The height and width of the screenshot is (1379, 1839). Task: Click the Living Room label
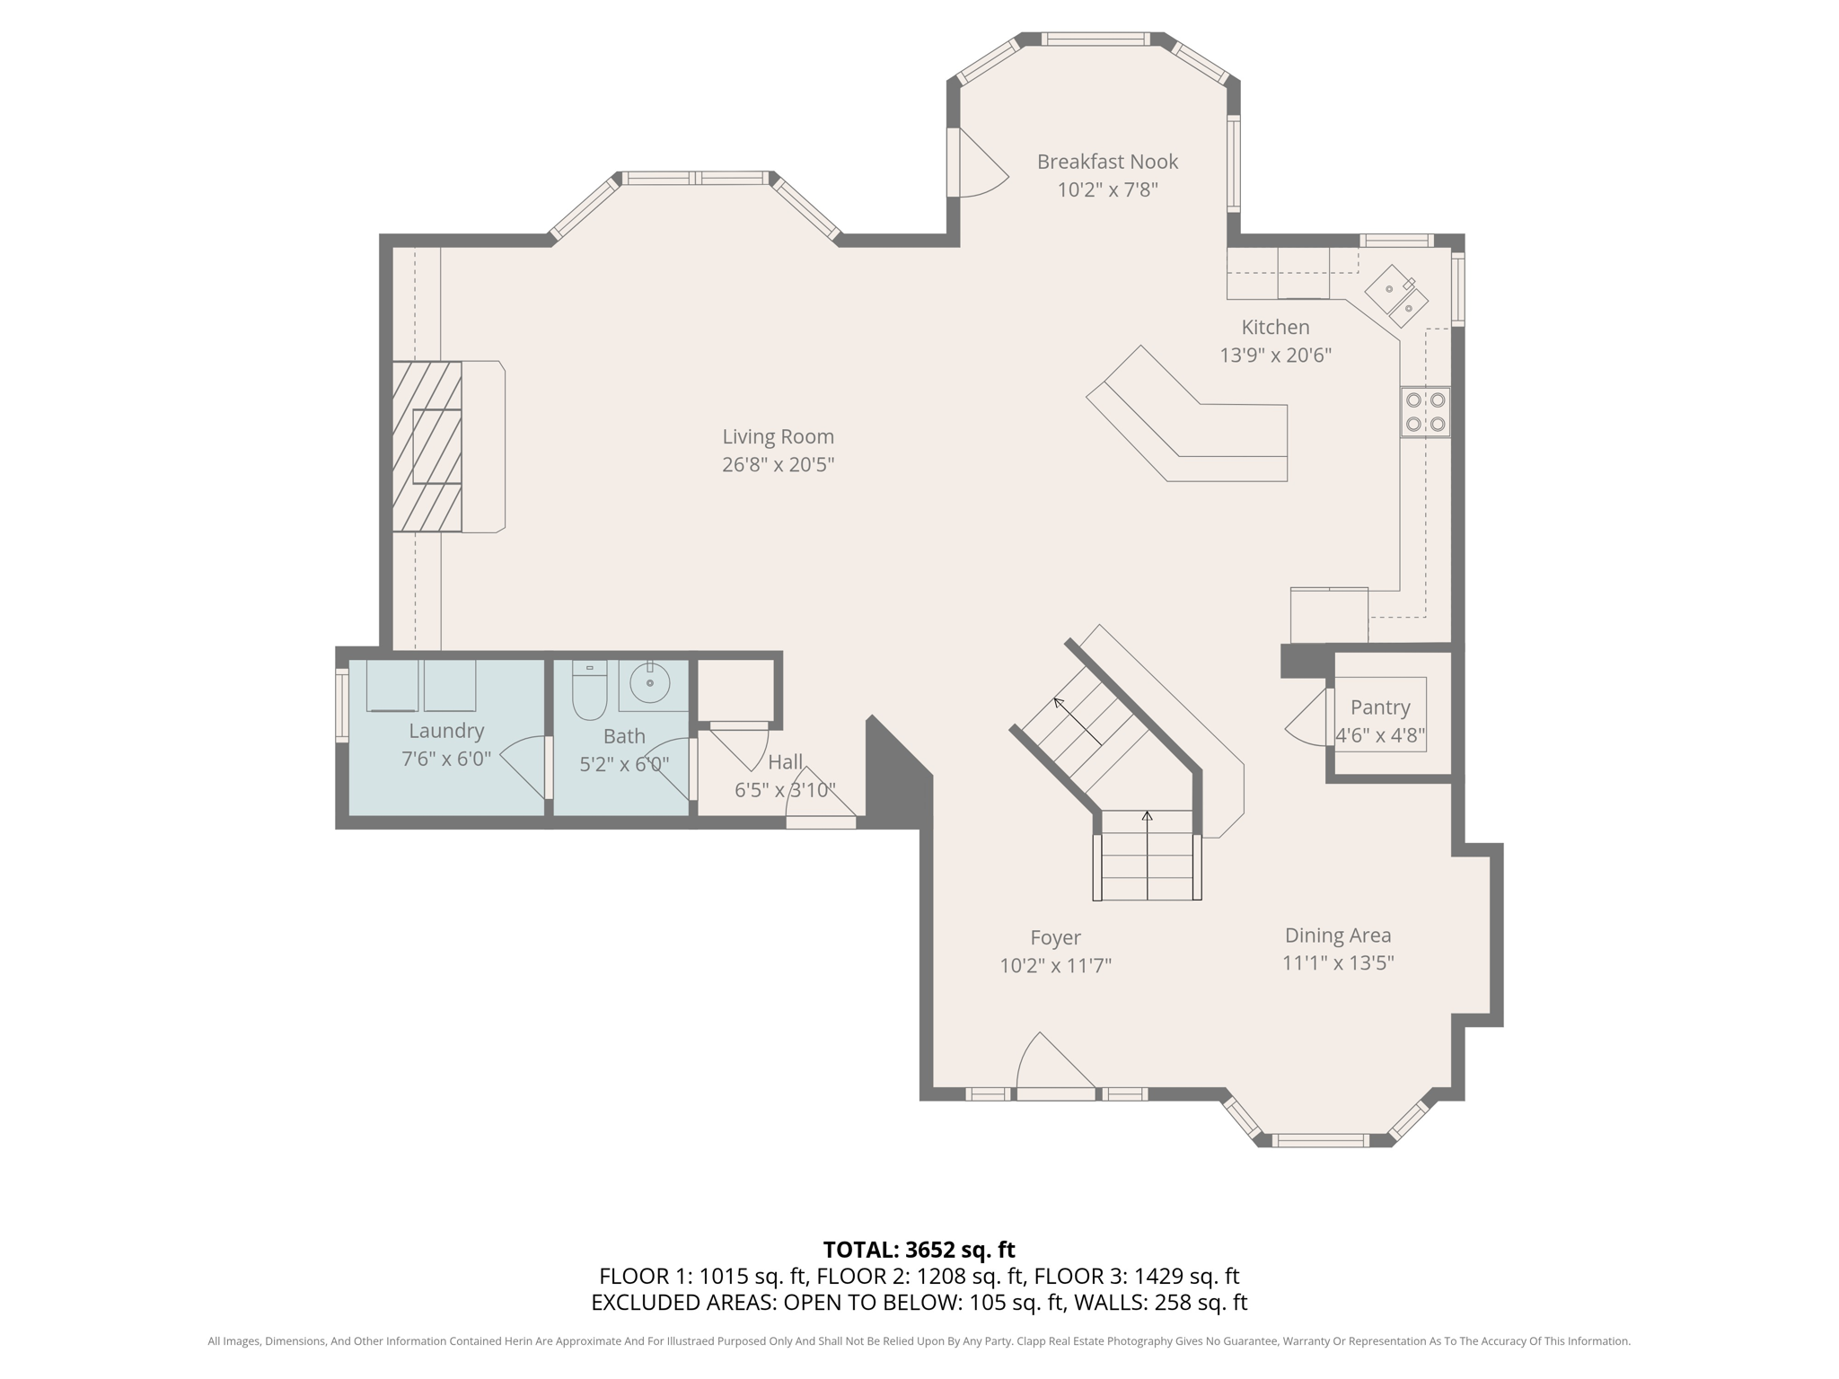(778, 436)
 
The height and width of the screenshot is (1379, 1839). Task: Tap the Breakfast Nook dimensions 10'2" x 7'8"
(1107, 189)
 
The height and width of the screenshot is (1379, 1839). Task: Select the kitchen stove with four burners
(1425, 412)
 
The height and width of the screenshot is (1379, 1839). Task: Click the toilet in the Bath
(589, 689)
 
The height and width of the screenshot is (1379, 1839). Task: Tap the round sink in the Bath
(649, 684)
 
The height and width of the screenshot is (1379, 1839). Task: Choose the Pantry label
(1380, 707)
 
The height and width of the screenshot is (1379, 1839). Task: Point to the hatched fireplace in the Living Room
(427, 446)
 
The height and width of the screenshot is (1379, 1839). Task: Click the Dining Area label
(1338, 935)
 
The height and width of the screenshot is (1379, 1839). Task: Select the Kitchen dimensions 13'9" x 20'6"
(1275, 356)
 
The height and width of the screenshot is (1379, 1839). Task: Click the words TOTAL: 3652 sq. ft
(919, 1250)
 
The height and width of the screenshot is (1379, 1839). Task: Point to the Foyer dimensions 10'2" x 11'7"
(1056, 966)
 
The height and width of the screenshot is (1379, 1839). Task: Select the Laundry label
(446, 731)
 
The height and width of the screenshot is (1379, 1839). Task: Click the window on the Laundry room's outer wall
(341, 706)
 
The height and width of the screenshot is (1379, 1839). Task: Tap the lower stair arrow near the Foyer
(1147, 855)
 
